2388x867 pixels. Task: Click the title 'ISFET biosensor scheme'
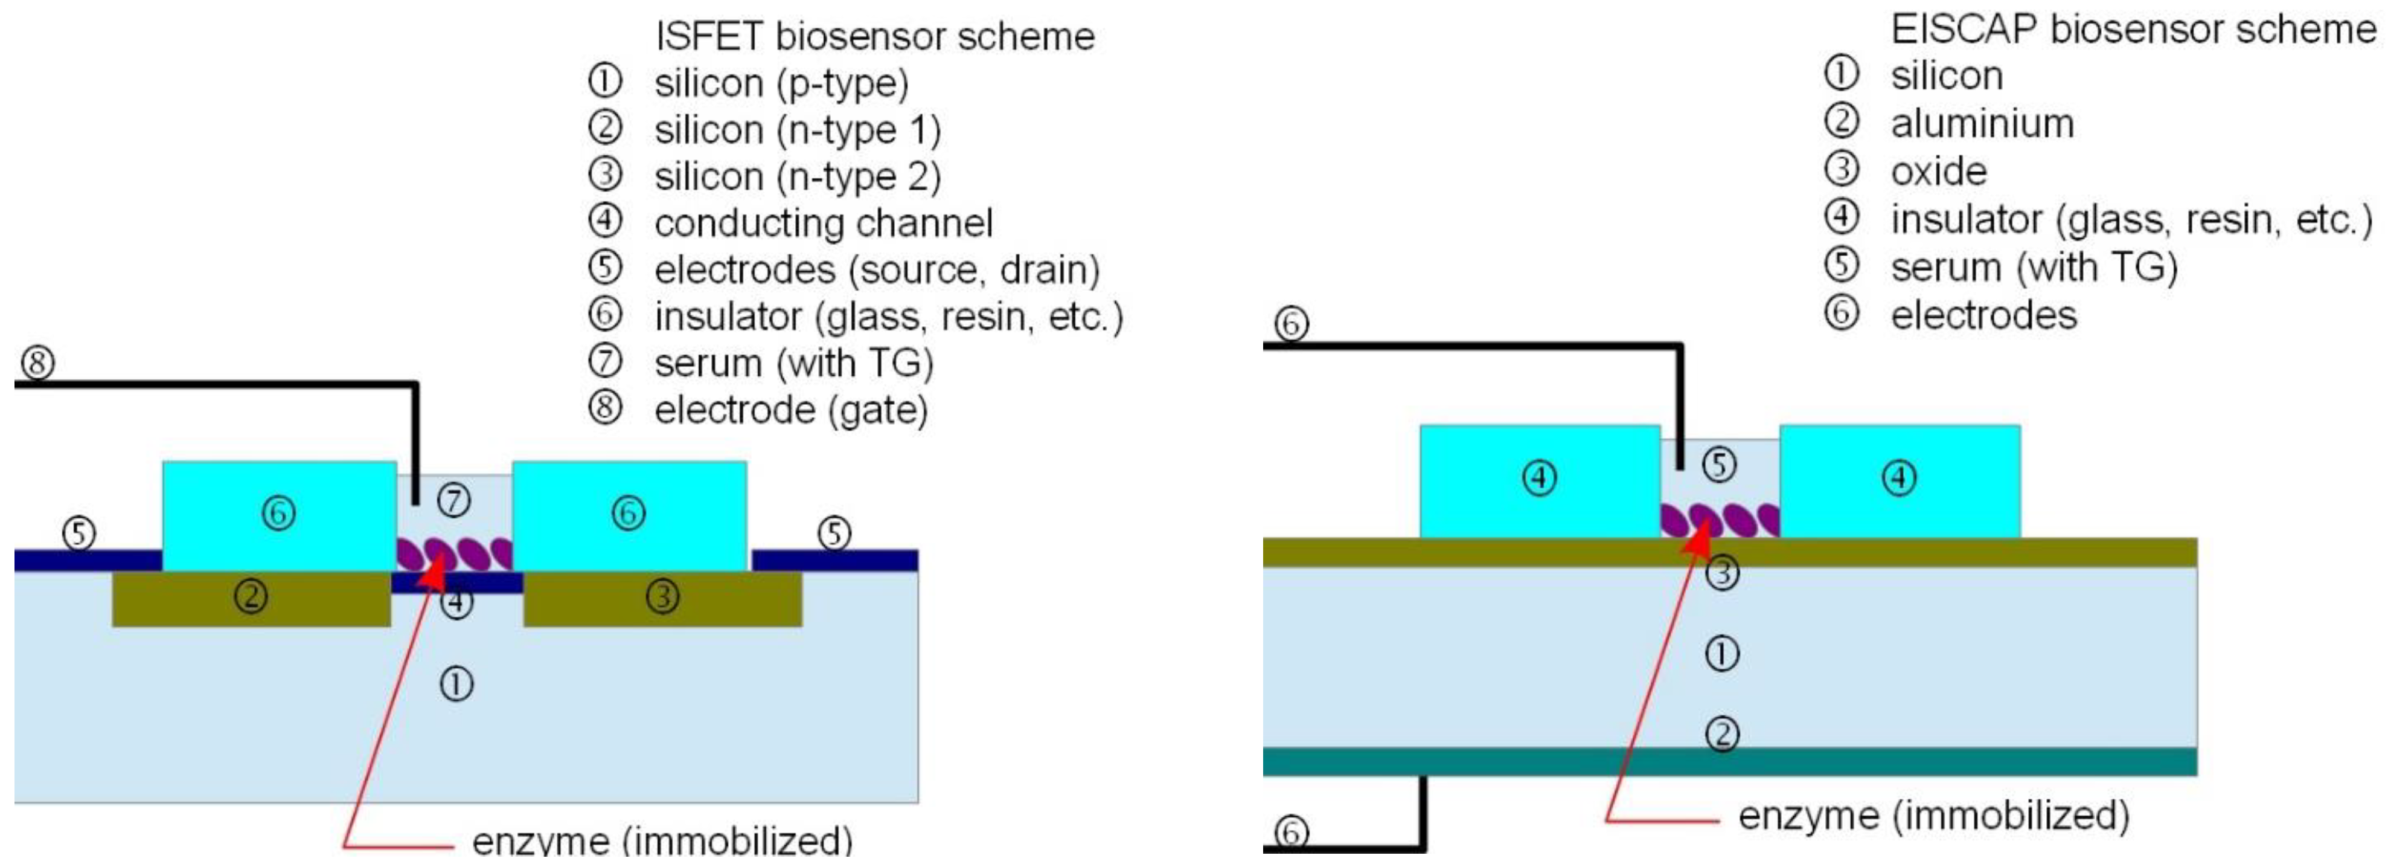point(874,37)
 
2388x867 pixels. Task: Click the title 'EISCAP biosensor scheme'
point(2132,30)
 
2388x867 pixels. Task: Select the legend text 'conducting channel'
point(823,224)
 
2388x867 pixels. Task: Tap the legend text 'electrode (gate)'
point(791,410)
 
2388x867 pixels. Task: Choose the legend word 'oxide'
point(1938,172)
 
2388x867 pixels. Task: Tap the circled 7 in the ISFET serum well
point(453,501)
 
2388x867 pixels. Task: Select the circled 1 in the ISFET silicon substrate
point(456,685)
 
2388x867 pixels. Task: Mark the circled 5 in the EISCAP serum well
point(1720,465)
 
